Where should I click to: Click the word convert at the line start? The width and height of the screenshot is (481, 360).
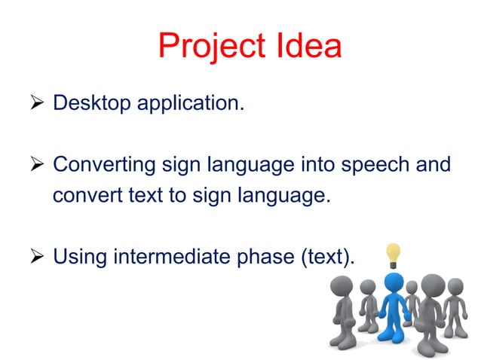(81, 196)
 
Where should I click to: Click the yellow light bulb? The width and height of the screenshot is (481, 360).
(393, 254)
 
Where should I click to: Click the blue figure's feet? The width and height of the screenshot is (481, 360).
(393, 340)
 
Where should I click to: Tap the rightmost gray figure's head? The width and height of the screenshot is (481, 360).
(455, 287)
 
